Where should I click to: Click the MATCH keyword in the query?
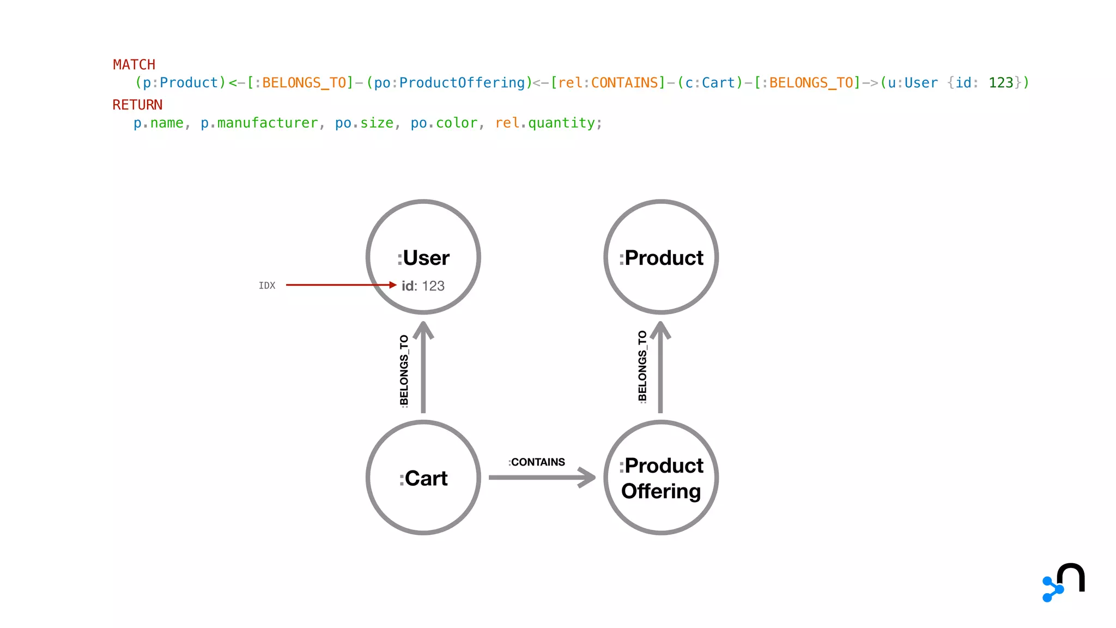click(134, 65)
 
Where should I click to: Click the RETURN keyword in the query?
click(137, 105)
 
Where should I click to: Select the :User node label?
click(423, 258)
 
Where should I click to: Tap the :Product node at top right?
click(661, 257)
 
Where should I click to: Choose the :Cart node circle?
click(423, 478)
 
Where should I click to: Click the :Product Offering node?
click(661, 478)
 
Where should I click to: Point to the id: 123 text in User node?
click(423, 286)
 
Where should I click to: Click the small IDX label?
click(267, 286)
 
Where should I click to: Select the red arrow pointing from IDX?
click(338, 285)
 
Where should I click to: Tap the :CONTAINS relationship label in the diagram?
click(537, 462)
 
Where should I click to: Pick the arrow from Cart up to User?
click(423, 368)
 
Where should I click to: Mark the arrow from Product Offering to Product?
click(660, 368)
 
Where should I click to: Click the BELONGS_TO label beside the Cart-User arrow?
click(404, 371)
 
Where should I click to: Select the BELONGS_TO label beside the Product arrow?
click(642, 366)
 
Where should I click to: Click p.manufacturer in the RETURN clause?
click(259, 123)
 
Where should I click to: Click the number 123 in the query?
click(1000, 83)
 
